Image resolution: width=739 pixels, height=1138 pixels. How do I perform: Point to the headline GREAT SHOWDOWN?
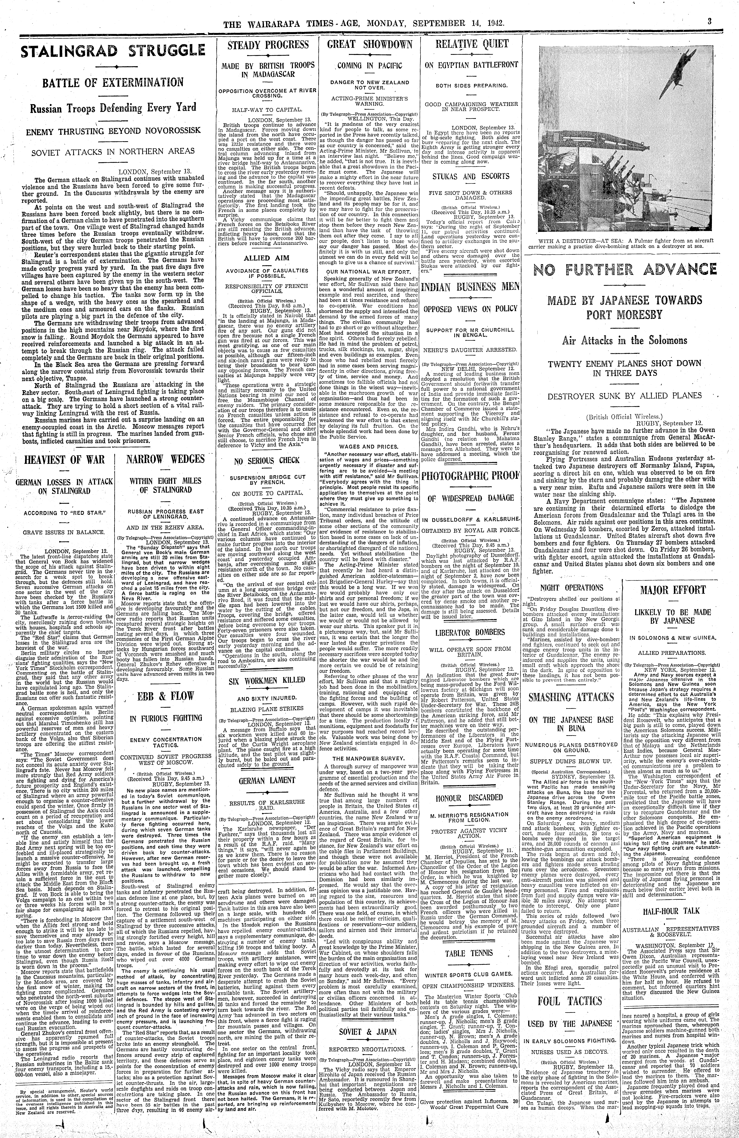pos(370,44)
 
